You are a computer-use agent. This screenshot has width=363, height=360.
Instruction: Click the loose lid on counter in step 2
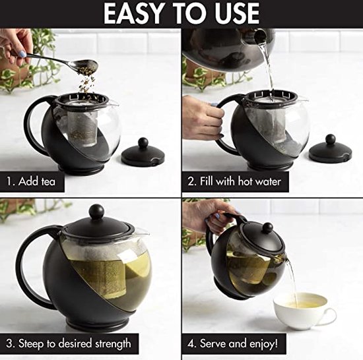pos(330,150)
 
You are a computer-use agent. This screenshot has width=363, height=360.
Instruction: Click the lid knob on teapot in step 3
pos(97,212)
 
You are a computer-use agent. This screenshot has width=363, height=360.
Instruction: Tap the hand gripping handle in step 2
pos(202,119)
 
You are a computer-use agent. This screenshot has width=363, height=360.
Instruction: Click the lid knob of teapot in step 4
pos(268,227)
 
